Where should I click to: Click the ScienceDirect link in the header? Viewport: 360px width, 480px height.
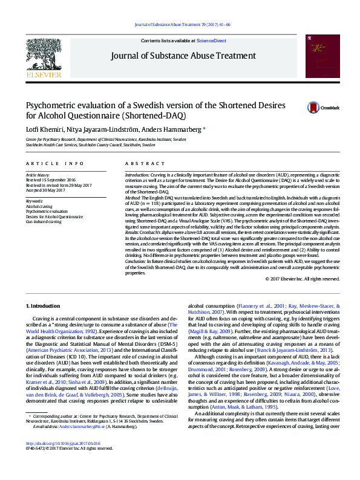[211, 41]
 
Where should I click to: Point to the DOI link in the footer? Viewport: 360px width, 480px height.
[65, 461]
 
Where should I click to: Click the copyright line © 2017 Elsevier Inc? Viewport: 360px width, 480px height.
[303, 279]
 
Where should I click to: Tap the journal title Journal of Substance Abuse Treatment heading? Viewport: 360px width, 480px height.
[183, 56]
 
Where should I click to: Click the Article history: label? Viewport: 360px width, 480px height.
[38, 174]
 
